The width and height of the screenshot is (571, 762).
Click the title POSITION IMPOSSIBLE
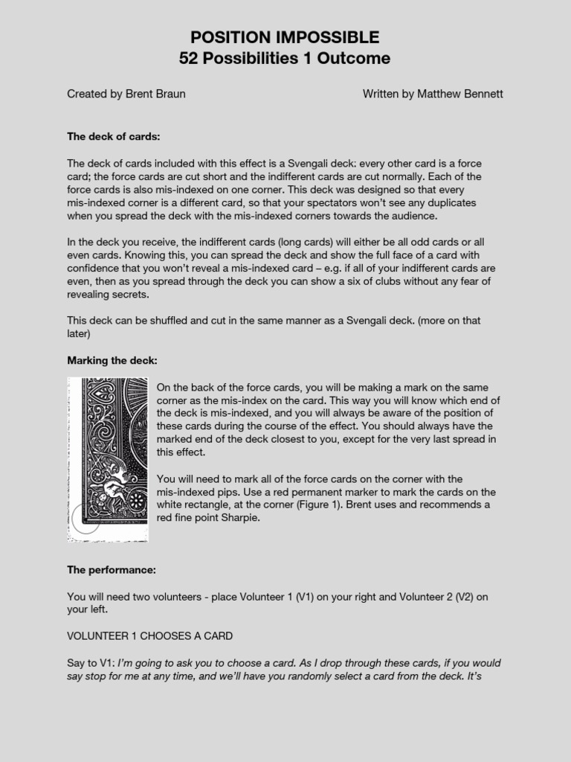(x=285, y=37)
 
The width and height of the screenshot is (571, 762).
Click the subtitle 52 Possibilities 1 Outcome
(x=285, y=58)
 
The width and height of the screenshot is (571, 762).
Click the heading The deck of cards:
(x=114, y=137)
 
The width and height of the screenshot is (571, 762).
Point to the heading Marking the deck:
(x=112, y=361)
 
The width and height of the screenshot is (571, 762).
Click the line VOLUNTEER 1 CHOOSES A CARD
(x=150, y=636)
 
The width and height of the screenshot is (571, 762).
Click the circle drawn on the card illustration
(x=86, y=519)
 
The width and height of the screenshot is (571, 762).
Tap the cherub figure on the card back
(x=109, y=487)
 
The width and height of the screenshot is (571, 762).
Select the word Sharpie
(x=241, y=518)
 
